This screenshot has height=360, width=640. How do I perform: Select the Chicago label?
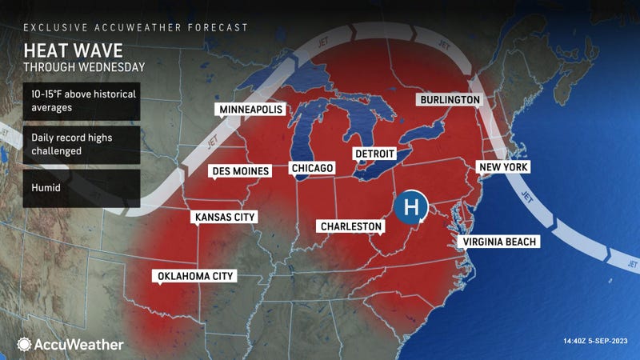pos(311,168)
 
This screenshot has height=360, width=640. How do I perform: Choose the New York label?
pos(503,167)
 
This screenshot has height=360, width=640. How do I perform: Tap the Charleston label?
pos(350,226)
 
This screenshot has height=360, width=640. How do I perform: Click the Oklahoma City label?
pos(195,276)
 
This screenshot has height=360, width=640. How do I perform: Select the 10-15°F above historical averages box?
pos(82,102)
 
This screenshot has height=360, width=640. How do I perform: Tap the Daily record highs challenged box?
pos(82,145)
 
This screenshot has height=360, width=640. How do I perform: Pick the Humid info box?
pos(82,188)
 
